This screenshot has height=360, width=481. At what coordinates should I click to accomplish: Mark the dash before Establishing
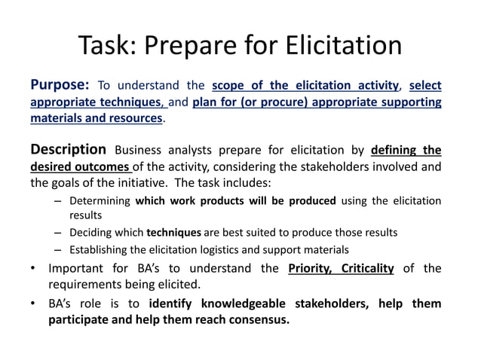pyautogui.click(x=58, y=249)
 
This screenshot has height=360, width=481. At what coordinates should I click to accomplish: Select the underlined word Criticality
pyautogui.click(x=367, y=269)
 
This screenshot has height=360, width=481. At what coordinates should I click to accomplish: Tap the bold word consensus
pyautogui.click(x=253, y=319)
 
